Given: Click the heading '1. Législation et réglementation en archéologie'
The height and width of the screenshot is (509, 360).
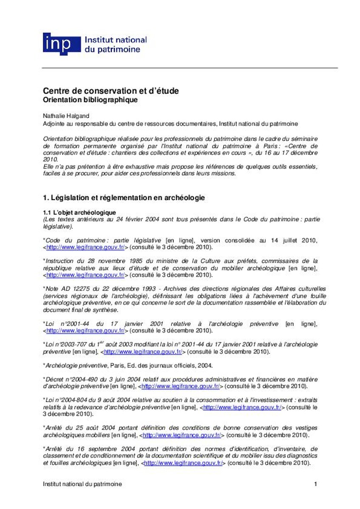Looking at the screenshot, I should point(124,198).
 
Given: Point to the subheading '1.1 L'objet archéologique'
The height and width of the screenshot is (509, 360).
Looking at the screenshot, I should point(79,212).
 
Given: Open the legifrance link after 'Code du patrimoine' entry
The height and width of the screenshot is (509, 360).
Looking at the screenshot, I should point(85,247).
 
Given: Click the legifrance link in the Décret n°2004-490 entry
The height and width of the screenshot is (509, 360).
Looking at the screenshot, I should point(180,386).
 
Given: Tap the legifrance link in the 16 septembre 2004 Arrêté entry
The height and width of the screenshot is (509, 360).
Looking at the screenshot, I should point(183,463).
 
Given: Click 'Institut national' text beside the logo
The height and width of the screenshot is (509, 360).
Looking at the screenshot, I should point(116,39).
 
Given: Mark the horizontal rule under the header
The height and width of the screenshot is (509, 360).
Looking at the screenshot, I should point(190,68).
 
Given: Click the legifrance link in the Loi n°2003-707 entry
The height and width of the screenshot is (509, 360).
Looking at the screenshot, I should point(143,352).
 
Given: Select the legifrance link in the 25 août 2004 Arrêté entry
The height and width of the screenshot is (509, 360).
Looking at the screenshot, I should point(182,435).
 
